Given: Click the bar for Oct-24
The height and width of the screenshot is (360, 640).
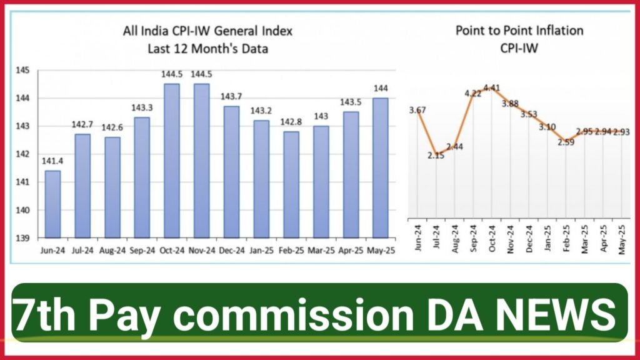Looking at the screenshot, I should pos(172,161).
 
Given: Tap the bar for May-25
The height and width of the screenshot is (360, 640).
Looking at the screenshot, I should pos(381,167).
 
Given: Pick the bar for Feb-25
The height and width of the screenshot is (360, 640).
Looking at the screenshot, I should pos(291,184).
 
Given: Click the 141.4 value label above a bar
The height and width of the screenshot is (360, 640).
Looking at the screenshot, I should pos(52,162).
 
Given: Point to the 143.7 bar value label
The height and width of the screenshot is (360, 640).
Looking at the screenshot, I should pos(231,97).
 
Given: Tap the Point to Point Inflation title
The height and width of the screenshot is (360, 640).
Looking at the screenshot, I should pos(519,30).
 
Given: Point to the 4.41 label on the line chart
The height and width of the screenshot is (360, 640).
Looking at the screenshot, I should pos(494,87).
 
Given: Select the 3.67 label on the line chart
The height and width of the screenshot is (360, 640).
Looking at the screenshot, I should pos(417,111).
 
